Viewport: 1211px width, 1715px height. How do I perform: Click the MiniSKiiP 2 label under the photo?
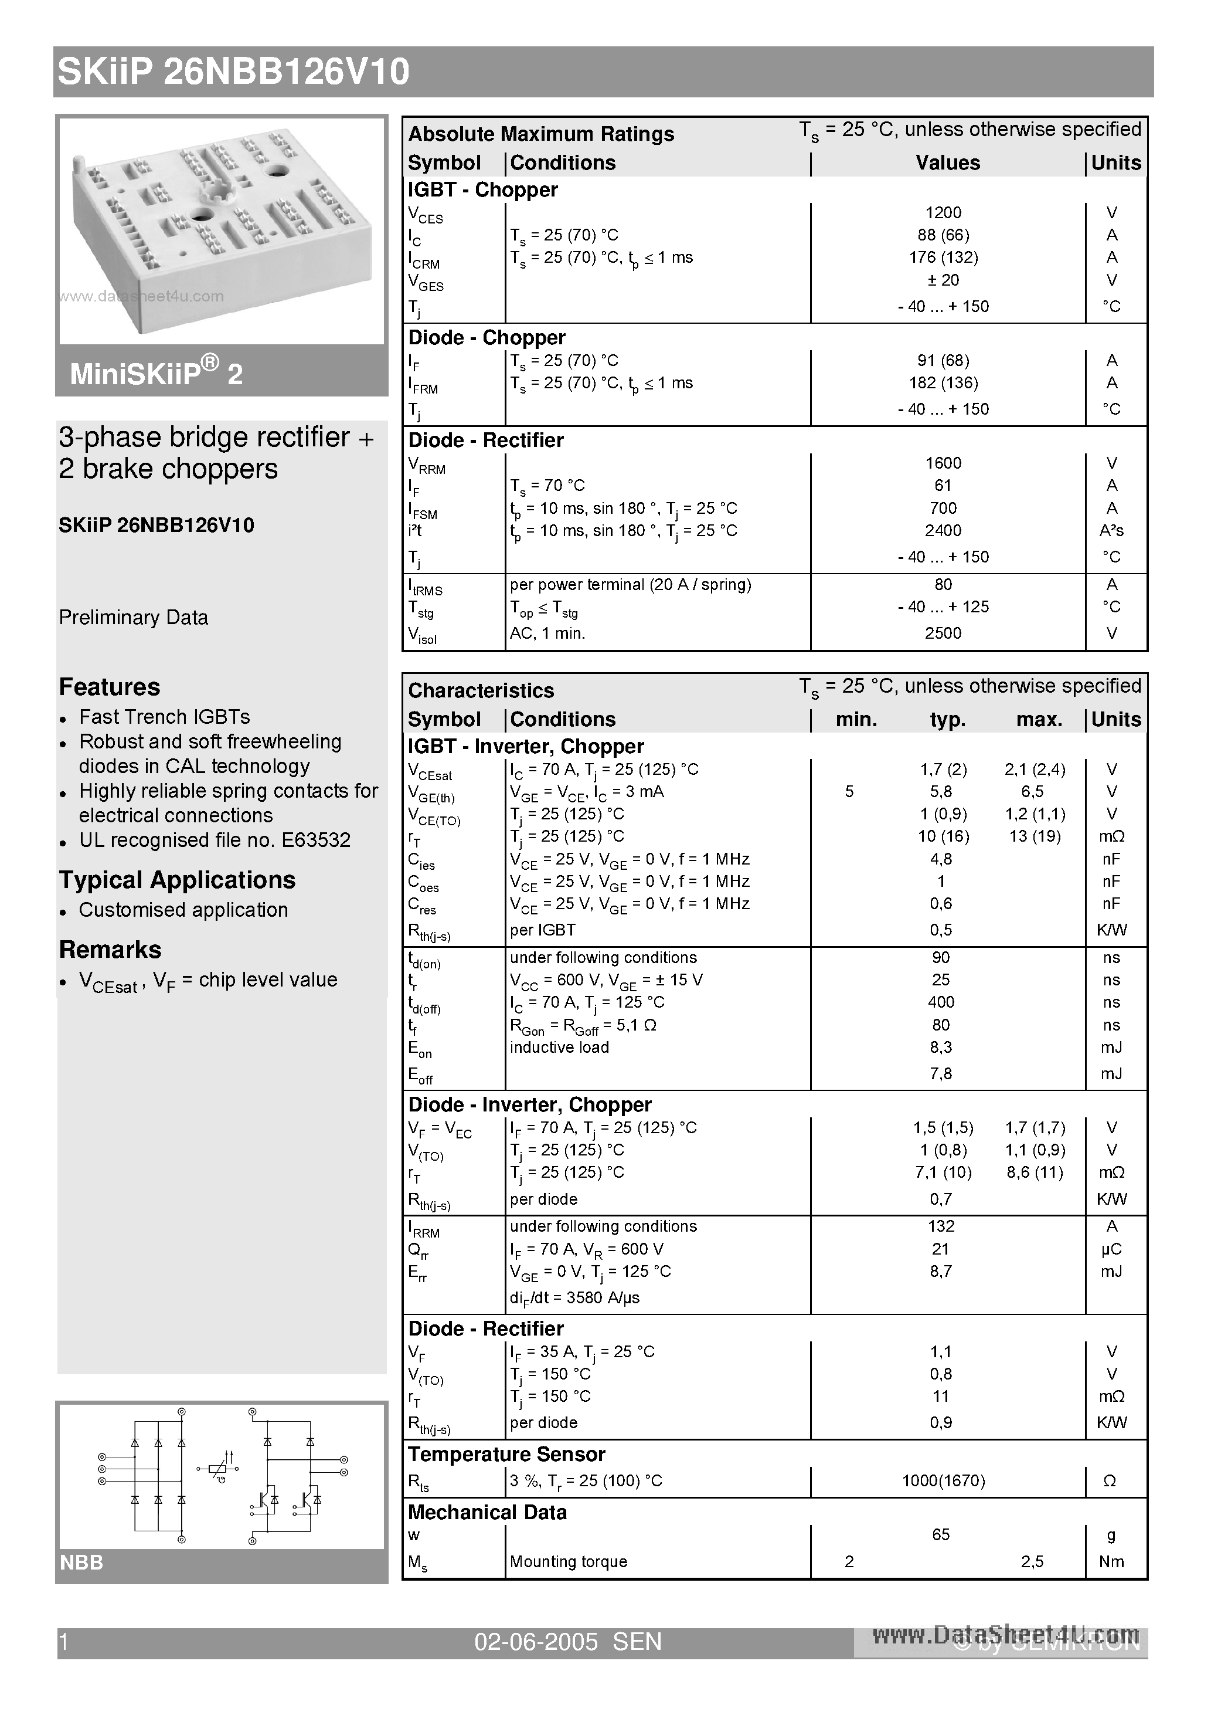pyautogui.click(x=156, y=372)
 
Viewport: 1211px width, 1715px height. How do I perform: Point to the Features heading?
pyautogui.click(x=110, y=686)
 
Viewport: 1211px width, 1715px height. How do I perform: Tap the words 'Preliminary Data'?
pyautogui.click(x=134, y=617)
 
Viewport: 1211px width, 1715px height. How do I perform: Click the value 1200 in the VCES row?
pyautogui.click(x=943, y=212)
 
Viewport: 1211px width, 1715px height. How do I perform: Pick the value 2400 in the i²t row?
pyautogui.click(x=943, y=530)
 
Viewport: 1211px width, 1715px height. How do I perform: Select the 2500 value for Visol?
pyautogui.click(x=943, y=633)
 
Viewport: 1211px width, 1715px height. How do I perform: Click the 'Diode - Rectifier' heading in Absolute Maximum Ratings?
pyautogui.click(x=485, y=440)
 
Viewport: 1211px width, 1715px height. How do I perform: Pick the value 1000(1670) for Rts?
pyautogui.click(x=943, y=1480)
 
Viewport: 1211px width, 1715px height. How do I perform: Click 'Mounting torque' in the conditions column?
pyautogui.click(x=568, y=1561)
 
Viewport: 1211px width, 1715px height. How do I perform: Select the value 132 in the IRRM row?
pyautogui.click(x=941, y=1226)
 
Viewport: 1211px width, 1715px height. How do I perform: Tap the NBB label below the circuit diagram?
pyautogui.click(x=81, y=1562)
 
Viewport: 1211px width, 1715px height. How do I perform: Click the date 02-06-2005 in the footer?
pyautogui.click(x=536, y=1641)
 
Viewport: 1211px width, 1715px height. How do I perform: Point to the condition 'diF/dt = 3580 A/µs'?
pyautogui.click(x=574, y=1297)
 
